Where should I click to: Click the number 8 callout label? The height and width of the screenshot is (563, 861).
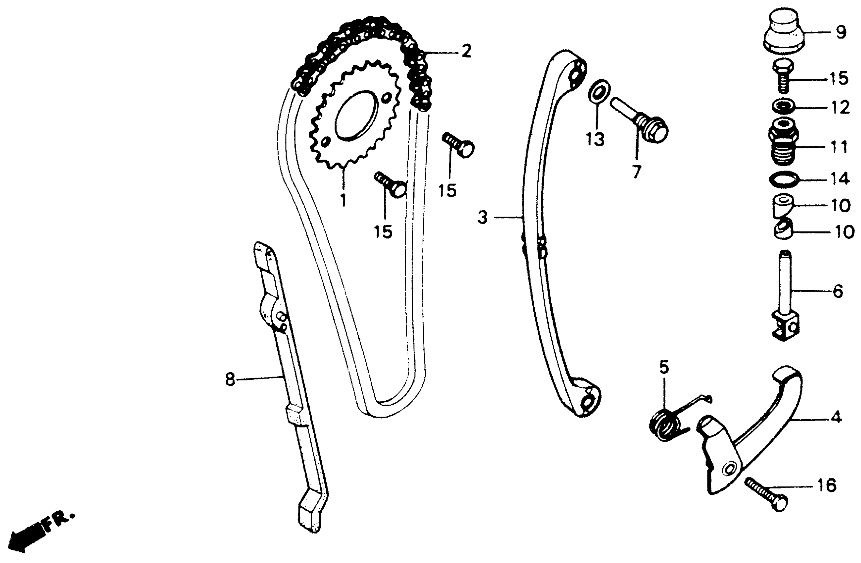(230, 380)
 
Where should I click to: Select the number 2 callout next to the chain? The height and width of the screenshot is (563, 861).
(466, 51)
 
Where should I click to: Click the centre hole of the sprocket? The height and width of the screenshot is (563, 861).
(356, 116)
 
